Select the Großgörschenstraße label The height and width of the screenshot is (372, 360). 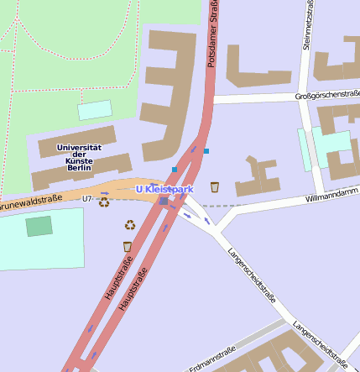pyautogui.click(x=327, y=95)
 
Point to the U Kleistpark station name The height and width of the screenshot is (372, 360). pyautogui.click(x=164, y=190)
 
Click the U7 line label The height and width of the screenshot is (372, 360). pyautogui.click(x=86, y=199)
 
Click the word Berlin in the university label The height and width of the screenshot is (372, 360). pyautogui.click(x=78, y=168)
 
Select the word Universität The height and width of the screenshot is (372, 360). pyautogui.click(x=78, y=147)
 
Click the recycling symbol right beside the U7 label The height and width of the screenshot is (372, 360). pyautogui.click(x=104, y=202)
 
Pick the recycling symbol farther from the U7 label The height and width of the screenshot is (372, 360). pyautogui.click(x=130, y=224)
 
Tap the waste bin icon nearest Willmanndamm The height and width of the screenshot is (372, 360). pyautogui.click(x=215, y=186)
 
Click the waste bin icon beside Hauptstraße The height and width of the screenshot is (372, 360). pyautogui.click(x=127, y=246)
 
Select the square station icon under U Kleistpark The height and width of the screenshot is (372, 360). pyautogui.click(x=164, y=201)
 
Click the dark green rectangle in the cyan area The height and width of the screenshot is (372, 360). pyautogui.click(x=39, y=226)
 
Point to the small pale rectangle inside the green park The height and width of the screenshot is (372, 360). pyautogui.click(x=95, y=110)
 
